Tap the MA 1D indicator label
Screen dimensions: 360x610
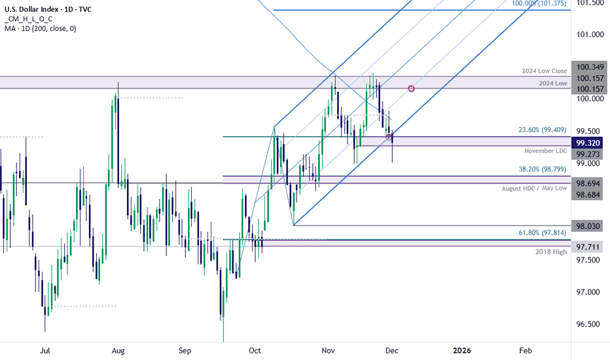pos(39,29)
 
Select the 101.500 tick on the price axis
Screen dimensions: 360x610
pos(588,3)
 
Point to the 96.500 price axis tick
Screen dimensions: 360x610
pos(588,324)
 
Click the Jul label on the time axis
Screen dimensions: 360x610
pos(45,351)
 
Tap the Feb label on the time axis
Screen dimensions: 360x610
pos(526,351)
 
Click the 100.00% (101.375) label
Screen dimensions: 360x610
pos(539,3)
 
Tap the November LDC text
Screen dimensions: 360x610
pos(545,151)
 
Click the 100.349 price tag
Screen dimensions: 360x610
pos(589,66)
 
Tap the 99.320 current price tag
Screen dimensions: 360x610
pos(589,142)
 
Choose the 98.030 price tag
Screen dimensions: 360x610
pos(589,226)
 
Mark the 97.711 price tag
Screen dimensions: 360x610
pos(589,247)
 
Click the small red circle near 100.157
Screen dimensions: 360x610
pos(411,88)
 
